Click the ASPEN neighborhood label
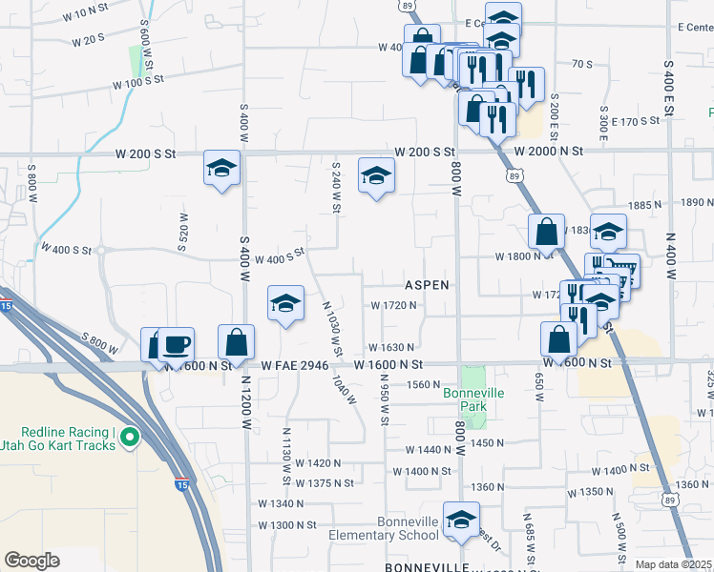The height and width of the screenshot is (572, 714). pyautogui.click(x=426, y=285)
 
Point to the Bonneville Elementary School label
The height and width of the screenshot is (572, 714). pyautogui.click(x=419, y=529)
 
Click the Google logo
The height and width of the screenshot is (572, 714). pyautogui.click(x=31, y=561)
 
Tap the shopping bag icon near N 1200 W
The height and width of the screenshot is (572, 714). pyautogui.click(x=236, y=341)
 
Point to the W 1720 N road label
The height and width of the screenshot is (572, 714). pyautogui.click(x=394, y=305)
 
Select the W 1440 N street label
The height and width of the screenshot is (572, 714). pyautogui.click(x=428, y=449)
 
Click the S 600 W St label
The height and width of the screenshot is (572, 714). pyautogui.click(x=145, y=43)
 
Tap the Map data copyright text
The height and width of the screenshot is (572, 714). pyautogui.click(x=673, y=564)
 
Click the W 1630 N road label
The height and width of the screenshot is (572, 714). pyautogui.click(x=391, y=348)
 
